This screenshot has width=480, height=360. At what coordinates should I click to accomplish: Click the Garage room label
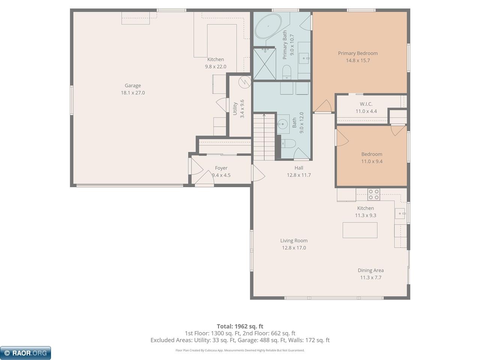[x=133, y=85]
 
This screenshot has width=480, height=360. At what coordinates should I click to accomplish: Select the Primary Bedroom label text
[x=358, y=53]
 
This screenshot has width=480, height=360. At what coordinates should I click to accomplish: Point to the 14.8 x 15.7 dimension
[x=358, y=60]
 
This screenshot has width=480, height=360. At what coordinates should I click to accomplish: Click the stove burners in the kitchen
[x=373, y=194]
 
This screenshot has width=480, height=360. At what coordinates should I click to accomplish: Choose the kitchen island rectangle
[x=360, y=230]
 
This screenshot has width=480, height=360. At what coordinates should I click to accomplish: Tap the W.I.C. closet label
[x=366, y=104]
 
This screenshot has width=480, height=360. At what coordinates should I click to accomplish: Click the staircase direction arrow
[x=264, y=137]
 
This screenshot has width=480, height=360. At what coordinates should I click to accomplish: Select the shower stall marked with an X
[x=265, y=64]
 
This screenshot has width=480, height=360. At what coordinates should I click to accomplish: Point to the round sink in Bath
[x=283, y=124]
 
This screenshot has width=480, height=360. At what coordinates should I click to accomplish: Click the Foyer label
[x=221, y=168]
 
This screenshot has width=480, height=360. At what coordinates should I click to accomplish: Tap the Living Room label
[x=294, y=240]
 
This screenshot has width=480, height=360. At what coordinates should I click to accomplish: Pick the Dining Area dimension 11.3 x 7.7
[x=371, y=277]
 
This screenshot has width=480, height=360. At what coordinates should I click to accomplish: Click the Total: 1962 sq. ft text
[x=240, y=326]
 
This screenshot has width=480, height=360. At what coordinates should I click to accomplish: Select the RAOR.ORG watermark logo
[x=25, y=353]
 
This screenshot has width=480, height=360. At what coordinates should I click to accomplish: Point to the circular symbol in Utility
[x=245, y=82]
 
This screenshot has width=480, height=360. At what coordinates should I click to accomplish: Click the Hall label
[x=299, y=168]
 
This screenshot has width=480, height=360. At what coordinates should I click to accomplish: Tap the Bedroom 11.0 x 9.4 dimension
[x=372, y=161]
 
